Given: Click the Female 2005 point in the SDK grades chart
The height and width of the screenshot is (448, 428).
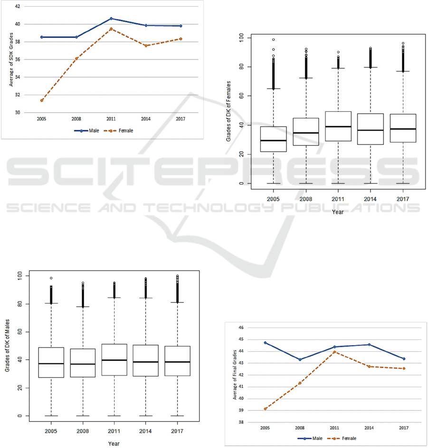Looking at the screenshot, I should tap(42, 100).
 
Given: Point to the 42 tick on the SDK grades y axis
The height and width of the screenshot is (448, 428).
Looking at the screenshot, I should tap(18, 7).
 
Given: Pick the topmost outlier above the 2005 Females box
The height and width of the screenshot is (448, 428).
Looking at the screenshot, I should tap(273, 40).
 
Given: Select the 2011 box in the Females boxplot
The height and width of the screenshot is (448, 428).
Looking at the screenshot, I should tap(338, 126).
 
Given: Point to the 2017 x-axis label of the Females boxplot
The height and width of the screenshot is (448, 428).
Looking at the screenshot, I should tap(403, 200).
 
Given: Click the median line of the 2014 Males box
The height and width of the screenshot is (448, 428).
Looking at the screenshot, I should tap(146, 362).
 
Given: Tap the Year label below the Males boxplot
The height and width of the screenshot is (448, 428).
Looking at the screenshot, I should tap(114, 444).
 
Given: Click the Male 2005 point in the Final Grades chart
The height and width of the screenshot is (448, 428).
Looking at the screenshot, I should tap(265, 343).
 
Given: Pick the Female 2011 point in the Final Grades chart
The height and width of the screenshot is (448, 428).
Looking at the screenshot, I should tap(334, 352).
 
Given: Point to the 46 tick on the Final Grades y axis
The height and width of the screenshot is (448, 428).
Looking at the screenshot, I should tap(240, 328).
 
